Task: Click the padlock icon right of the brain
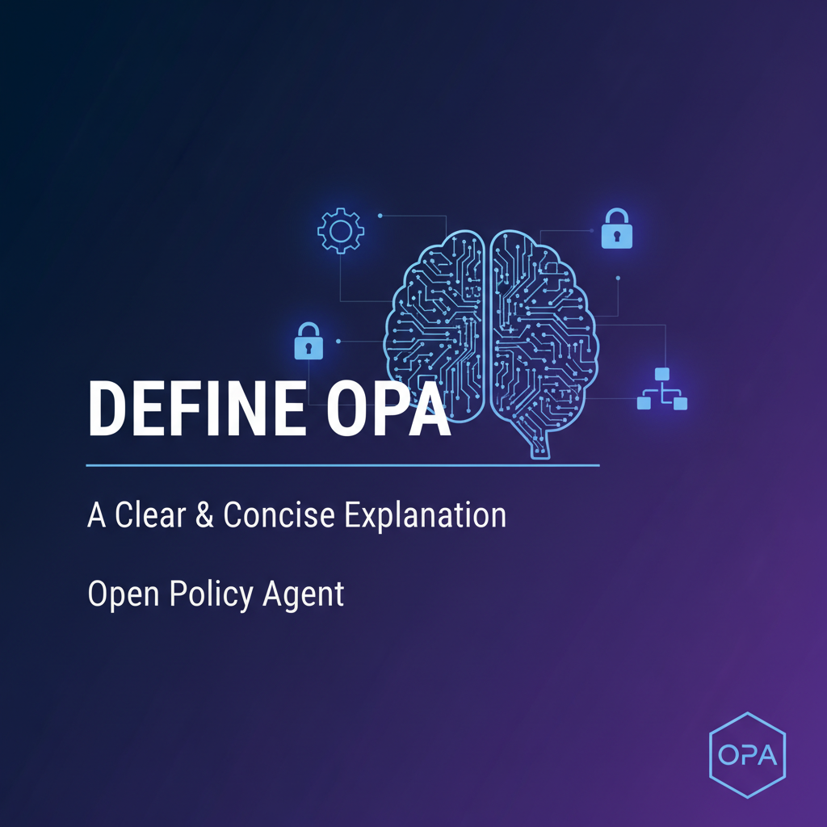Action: tap(617, 229)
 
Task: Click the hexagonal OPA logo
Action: tap(747, 756)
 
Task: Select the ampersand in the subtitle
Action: tap(210, 515)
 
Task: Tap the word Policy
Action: tap(212, 594)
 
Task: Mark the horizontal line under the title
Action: tap(342, 466)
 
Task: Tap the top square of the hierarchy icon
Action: tap(662, 374)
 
